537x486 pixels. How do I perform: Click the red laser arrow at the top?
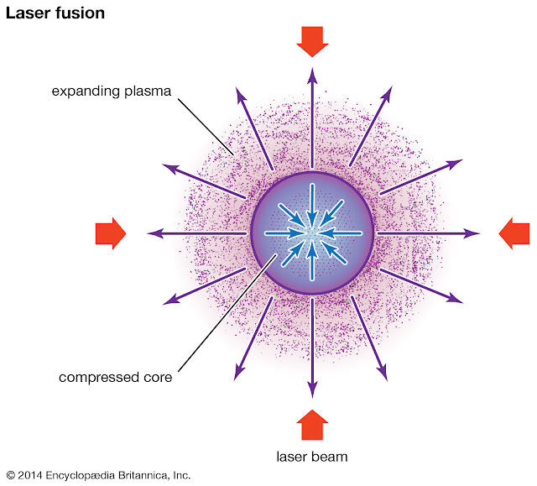(x=312, y=40)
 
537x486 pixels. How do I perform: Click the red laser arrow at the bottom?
(x=312, y=426)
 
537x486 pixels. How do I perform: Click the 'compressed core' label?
(x=115, y=377)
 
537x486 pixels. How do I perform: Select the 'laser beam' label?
(x=311, y=457)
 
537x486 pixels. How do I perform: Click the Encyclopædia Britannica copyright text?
(x=98, y=476)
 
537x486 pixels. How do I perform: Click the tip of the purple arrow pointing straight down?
(x=312, y=394)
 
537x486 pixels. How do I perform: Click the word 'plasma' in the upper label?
(x=149, y=91)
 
